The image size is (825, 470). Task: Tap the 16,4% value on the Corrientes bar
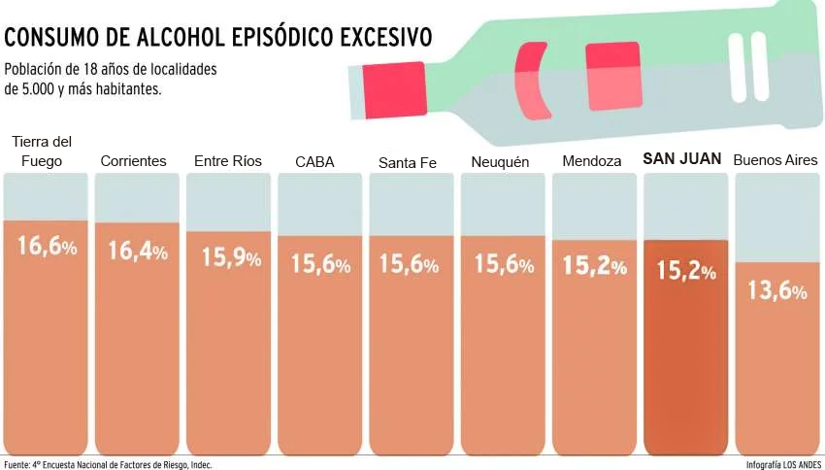pyautogui.click(x=138, y=251)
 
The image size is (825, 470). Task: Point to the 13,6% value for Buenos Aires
pyautogui.click(x=777, y=290)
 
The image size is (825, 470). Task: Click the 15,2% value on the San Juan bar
pyautogui.click(x=686, y=271)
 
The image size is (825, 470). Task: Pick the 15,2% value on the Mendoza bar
pyautogui.click(x=594, y=265)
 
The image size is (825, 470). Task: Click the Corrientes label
pyautogui.click(x=134, y=160)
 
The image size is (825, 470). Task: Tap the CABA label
pyautogui.click(x=314, y=162)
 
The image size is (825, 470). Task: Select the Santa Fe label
pyautogui.click(x=408, y=162)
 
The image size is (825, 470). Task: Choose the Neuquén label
pyautogui.click(x=500, y=161)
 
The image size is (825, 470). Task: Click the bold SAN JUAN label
pyautogui.click(x=683, y=158)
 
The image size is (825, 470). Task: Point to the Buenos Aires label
pyautogui.click(x=775, y=159)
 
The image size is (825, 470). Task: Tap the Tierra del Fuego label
pyautogui.click(x=41, y=151)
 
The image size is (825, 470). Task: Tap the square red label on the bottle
pyautogui.click(x=612, y=76)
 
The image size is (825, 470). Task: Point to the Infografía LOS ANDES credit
pyautogui.click(x=782, y=465)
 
